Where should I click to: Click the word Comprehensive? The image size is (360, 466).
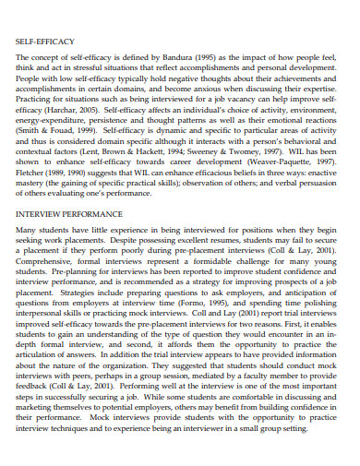[47, 262]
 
